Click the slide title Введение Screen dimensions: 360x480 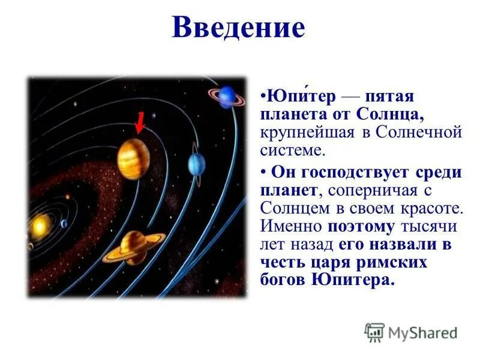[x=238, y=28]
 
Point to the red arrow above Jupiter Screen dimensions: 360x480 [x=139, y=123]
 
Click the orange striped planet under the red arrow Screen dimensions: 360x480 [x=133, y=158]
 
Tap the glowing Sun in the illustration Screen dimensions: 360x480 [x=40, y=226]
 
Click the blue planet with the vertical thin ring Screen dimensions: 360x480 [x=196, y=163]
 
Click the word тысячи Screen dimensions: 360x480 [x=431, y=227]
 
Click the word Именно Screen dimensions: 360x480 [x=292, y=227]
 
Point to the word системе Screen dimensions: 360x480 [x=292, y=149]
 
